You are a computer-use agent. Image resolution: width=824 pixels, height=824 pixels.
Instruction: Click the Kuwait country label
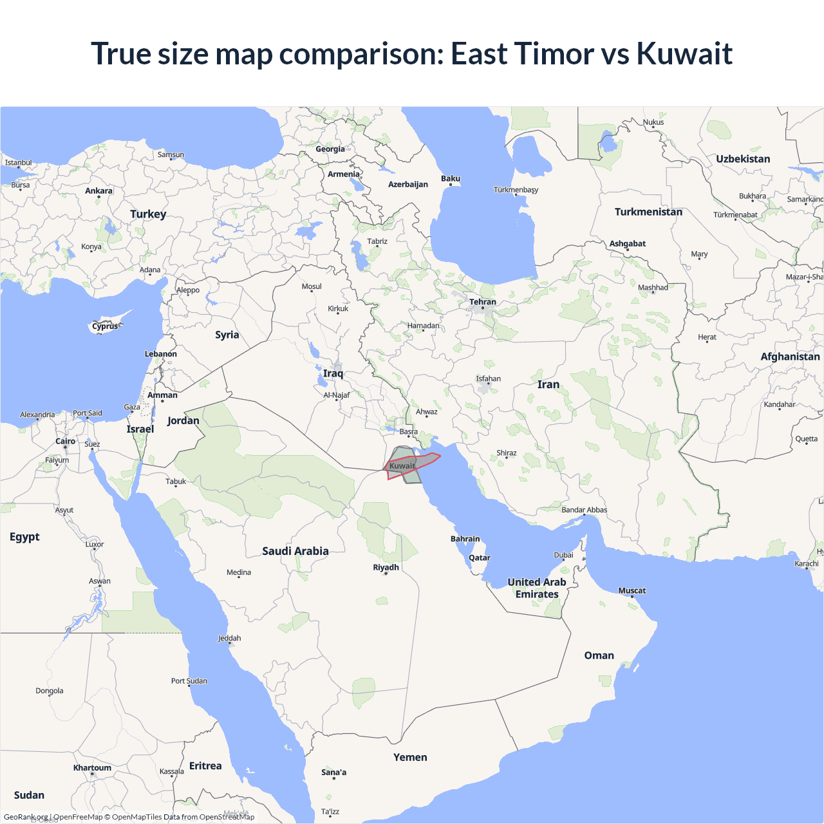click(402, 466)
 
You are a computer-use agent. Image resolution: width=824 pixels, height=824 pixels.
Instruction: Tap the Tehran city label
click(482, 302)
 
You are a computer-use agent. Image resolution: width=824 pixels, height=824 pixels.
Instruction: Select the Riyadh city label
click(386, 567)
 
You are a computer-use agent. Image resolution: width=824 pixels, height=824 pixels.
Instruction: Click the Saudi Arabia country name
click(295, 551)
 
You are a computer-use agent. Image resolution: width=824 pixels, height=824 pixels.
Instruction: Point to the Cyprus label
click(105, 326)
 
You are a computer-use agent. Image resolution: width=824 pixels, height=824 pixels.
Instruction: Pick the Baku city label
click(451, 178)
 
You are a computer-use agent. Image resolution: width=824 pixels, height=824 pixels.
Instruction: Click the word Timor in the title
click(558, 53)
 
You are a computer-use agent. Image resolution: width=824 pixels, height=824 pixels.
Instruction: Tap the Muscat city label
click(632, 590)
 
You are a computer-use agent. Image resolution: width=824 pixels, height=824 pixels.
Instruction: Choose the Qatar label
click(479, 557)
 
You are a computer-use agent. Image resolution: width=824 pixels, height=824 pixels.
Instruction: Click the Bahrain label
click(465, 539)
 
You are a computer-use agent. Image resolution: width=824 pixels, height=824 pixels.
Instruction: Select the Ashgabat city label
click(627, 243)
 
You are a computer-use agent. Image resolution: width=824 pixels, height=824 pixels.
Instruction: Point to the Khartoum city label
click(92, 767)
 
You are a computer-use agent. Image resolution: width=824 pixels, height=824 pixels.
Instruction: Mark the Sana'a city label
click(333, 772)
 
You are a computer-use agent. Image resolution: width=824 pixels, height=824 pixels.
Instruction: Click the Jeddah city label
click(229, 638)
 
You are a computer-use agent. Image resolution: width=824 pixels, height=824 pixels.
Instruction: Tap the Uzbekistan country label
click(743, 159)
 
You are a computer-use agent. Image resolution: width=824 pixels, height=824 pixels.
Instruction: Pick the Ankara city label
click(98, 191)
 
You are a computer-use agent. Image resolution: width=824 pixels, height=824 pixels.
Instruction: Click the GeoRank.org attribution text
click(26, 817)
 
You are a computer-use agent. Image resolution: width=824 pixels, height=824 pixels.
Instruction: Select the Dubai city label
click(563, 555)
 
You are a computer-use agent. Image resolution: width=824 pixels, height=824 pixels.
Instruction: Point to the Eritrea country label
click(205, 766)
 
